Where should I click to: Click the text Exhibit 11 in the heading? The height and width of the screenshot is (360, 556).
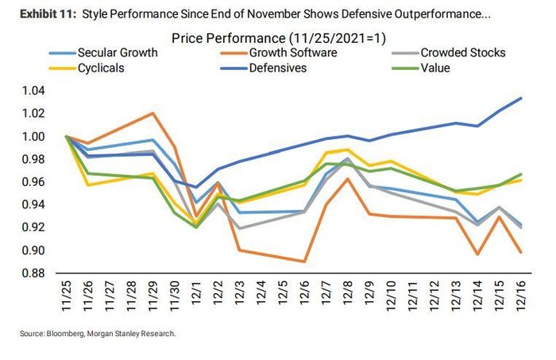coord(39,14)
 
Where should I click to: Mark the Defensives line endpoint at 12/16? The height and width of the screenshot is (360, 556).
coord(520,98)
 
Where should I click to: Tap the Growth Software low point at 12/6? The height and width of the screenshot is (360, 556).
coord(303,261)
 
